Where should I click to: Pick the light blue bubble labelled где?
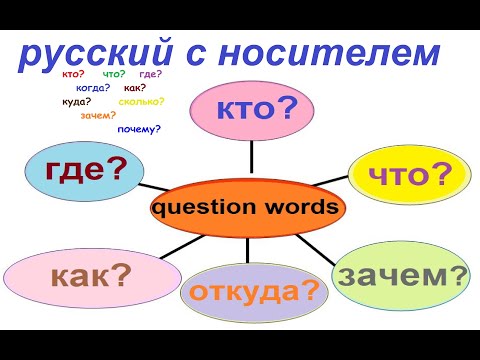89,168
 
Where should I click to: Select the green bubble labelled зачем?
400,272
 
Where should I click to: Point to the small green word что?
113,74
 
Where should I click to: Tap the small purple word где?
152,74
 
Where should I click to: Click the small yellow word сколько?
140,102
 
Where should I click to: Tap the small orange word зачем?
98,116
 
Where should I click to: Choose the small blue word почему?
138,130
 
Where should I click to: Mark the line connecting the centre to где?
154,188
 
